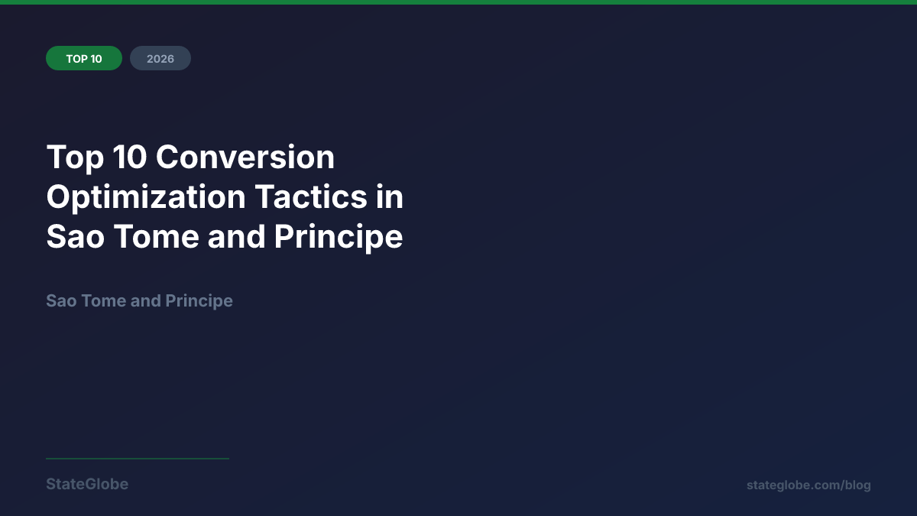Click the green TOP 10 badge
pyautogui.click(x=84, y=58)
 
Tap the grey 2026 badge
pyautogui.click(x=160, y=58)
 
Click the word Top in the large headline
pyautogui.click(x=73, y=157)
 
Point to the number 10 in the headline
pyautogui.click(x=128, y=157)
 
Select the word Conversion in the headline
pyautogui.click(x=245, y=157)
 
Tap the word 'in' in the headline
pyautogui.click(x=389, y=197)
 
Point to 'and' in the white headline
pyautogui.click(x=236, y=237)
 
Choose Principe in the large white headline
pyautogui.click(x=339, y=237)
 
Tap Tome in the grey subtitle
pyautogui.click(x=102, y=300)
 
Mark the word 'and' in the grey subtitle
pyautogui.click(x=145, y=300)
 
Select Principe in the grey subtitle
pyautogui.click(x=199, y=300)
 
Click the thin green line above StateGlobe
pyautogui.click(x=138, y=459)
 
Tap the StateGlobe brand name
pyautogui.click(x=87, y=484)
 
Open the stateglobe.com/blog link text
pyautogui.click(x=808, y=485)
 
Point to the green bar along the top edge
pyautogui.click(x=458, y=2)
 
